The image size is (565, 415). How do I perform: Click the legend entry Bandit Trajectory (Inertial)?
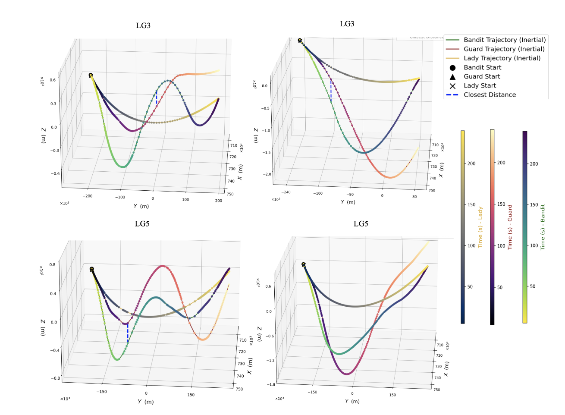point(504,40)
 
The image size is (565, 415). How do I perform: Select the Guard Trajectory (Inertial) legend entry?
point(504,49)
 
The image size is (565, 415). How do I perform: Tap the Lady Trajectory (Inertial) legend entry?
point(502,58)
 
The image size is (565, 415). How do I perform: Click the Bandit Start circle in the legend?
point(452,68)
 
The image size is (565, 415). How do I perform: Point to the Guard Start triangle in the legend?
point(452,77)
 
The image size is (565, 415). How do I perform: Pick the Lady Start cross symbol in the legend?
point(452,86)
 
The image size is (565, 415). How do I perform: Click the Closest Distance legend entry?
point(490,95)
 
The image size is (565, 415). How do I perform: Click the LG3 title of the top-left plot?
point(143,25)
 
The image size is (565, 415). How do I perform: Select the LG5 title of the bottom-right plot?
point(361,223)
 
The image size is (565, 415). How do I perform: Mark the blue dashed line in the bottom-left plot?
point(128,333)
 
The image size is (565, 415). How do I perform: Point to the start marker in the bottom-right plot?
point(304,264)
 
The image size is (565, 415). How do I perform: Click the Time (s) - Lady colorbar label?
point(480,227)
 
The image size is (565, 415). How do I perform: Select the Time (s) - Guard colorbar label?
point(510,227)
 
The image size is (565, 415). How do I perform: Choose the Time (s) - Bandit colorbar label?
point(543,227)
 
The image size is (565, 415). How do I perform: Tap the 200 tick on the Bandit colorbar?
point(534,164)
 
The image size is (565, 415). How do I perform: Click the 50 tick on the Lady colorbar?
point(470,286)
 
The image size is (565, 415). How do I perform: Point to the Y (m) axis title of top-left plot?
point(141,206)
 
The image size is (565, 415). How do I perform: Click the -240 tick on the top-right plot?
point(286,192)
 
